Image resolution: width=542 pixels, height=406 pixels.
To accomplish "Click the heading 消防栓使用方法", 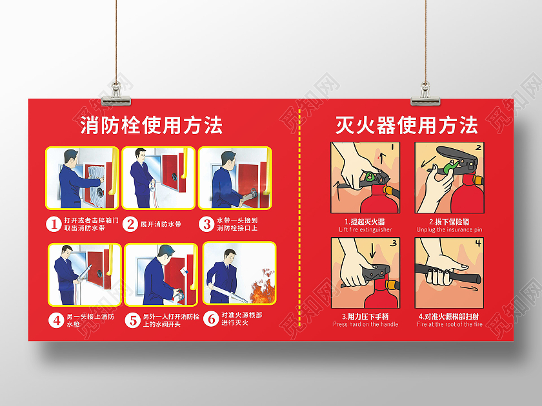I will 151,125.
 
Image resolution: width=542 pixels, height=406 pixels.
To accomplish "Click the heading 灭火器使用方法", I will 406,125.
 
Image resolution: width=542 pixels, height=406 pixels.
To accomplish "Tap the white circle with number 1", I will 53,224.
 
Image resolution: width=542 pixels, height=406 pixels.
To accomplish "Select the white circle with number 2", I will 130,224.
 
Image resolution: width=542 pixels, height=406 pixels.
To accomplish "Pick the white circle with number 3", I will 206,224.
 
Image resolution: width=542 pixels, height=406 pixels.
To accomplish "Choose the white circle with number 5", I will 132,319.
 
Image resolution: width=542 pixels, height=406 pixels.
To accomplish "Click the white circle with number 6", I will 210,318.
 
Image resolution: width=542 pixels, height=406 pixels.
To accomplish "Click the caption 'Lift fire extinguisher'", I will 365,230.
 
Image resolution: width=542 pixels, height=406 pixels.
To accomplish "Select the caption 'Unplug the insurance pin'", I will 449,230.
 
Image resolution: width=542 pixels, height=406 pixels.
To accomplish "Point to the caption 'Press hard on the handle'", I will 365,325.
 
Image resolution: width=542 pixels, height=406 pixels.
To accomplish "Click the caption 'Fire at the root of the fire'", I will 449,325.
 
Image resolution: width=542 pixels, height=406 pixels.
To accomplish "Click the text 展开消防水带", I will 161,224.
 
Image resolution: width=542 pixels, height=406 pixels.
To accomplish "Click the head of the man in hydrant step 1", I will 70,157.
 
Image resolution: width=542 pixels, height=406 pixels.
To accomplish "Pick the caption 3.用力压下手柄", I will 365,316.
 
